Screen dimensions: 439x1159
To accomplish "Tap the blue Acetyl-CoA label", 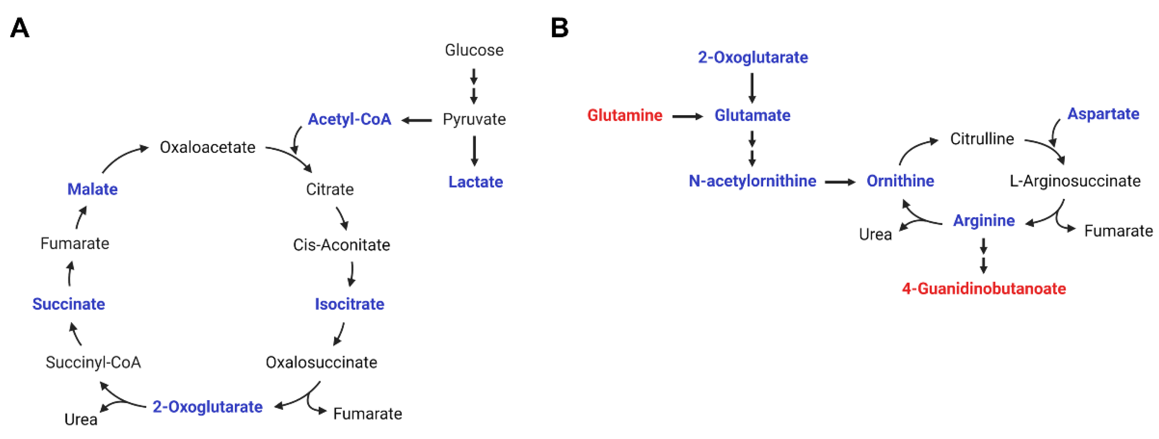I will (x=349, y=120).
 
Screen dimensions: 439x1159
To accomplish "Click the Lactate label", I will (x=475, y=182).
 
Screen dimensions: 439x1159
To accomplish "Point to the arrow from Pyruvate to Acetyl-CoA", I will (x=417, y=120).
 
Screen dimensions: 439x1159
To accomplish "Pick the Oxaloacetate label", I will (x=207, y=147).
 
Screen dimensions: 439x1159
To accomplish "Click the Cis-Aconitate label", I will (x=341, y=245).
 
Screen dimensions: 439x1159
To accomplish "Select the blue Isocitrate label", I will (x=349, y=304).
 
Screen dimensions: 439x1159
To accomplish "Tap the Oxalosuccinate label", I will (x=321, y=362).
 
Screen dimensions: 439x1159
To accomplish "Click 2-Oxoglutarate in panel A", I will (x=207, y=407).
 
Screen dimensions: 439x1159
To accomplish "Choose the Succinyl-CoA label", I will (x=93, y=362).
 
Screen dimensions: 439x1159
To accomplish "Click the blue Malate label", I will (x=92, y=189).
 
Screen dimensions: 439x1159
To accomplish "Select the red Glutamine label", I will (x=624, y=115).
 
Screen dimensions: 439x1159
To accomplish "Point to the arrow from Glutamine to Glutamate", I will (x=687, y=116).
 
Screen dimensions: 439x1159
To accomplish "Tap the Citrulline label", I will (x=982, y=139).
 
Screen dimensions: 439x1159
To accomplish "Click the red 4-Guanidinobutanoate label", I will (x=984, y=288).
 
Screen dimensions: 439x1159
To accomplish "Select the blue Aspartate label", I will (x=1103, y=114).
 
